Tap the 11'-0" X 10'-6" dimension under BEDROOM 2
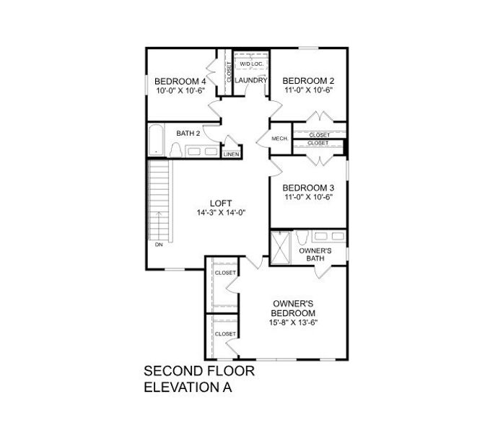307,90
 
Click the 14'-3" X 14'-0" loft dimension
221,212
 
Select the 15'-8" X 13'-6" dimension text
293,322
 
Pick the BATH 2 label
188,133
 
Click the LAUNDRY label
251,80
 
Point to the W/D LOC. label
251,64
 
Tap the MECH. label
280,139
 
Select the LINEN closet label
231,154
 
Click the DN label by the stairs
158,245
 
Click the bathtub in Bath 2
157,141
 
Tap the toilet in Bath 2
175,149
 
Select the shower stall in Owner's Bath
279,248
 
